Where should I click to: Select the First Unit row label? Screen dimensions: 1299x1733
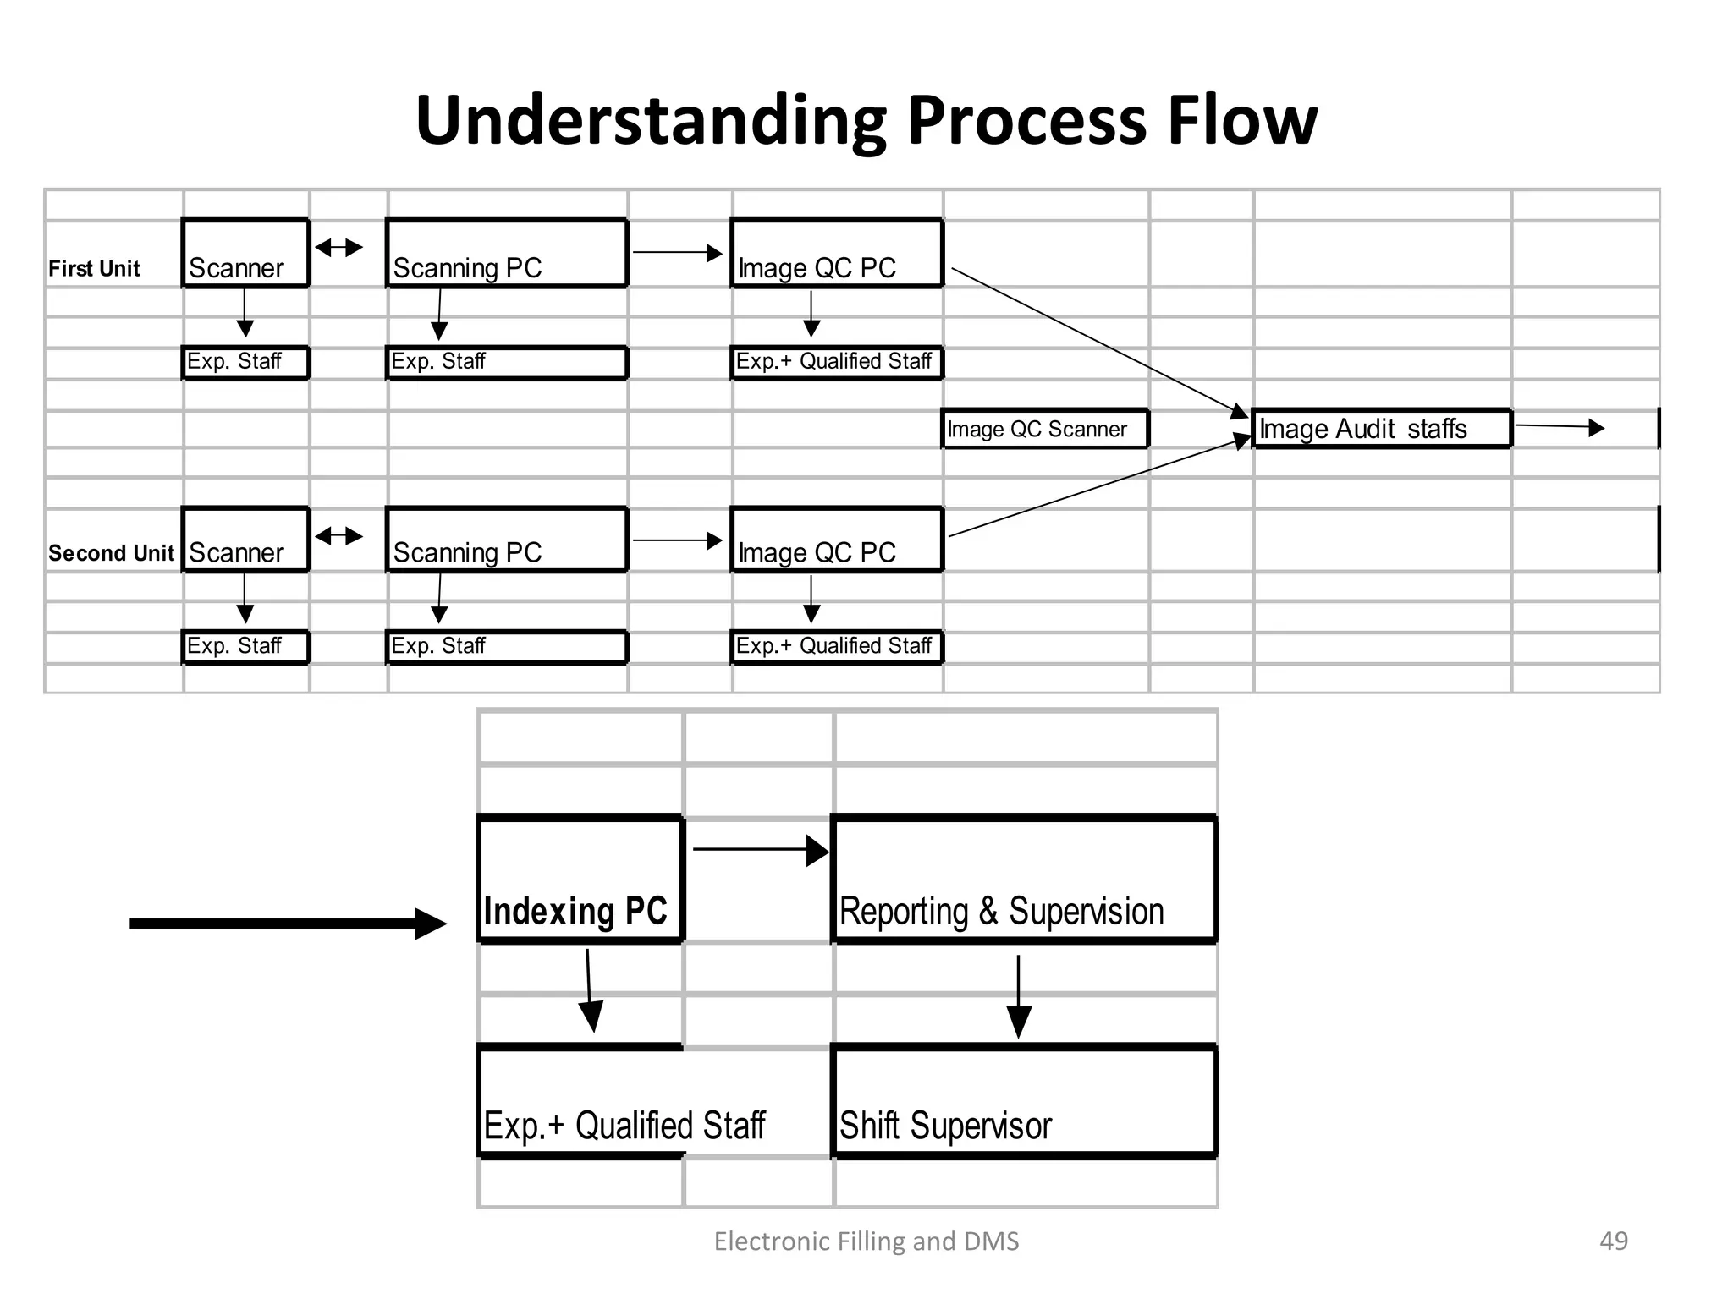pos(94,269)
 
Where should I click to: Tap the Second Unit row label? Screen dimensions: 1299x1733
pos(111,553)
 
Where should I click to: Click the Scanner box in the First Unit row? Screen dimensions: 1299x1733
pos(245,254)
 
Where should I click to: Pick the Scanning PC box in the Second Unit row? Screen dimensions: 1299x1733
pos(506,540)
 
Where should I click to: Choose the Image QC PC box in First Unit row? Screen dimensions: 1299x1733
pos(836,254)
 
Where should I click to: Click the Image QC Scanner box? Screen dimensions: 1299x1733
pos(1044,429)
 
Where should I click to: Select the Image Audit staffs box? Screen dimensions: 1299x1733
pos(1381,429)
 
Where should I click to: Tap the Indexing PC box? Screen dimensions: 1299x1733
pos(580,880)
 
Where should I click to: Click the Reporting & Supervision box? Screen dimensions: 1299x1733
pos(1024,880)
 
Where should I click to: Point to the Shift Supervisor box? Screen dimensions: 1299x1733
pos(1024,1102)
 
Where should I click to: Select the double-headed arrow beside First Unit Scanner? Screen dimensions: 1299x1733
pos(338,248)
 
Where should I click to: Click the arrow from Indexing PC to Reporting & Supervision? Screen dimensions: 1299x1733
pos(759,850)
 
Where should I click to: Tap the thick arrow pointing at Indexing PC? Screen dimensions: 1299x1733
pos(288,924)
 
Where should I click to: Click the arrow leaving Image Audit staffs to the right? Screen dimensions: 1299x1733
pos(1559,427)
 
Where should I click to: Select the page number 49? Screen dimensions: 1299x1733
pos(1613,1241)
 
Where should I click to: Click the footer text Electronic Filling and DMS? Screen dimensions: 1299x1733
pos(866,1241)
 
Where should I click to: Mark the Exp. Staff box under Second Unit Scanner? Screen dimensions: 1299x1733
pos(245,647)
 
